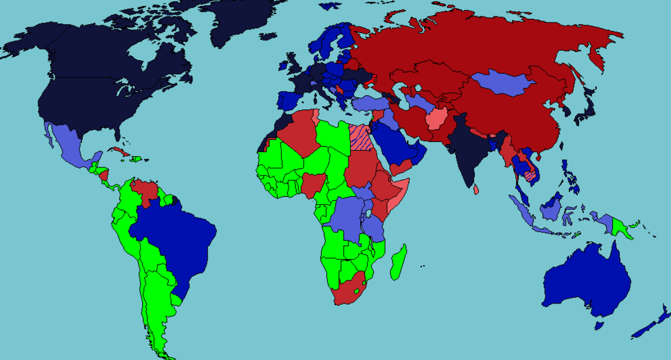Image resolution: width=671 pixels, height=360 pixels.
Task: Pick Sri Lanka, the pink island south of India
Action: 476,189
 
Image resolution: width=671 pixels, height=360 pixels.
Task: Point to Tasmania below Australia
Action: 599,325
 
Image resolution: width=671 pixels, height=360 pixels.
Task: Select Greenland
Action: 242,21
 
